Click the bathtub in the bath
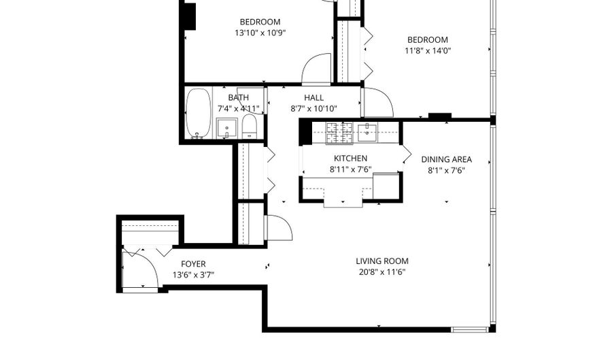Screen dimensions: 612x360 (x=199, y=113)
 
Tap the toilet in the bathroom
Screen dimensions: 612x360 (x=249, y=126)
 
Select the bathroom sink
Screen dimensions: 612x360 (x=226, y=129)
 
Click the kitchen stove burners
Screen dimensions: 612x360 (x=339, y=133)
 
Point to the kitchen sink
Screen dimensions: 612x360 (x=367, y=132)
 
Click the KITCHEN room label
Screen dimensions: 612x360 (x=350, y=158)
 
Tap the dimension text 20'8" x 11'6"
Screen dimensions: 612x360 (x=382, y=272)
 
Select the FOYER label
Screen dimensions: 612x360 (x=193, y=264)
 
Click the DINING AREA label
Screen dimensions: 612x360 (x=447, y=159)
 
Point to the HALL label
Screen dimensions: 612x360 (x=313, y=97)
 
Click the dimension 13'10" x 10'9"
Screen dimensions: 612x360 (x=260, y=33)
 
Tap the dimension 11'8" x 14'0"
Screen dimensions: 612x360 (x=428, y=51)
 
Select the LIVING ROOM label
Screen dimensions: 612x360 (x=382, y=261)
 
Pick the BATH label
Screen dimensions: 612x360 (x=238, y=97)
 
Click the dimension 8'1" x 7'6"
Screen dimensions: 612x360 (x=447, y=170)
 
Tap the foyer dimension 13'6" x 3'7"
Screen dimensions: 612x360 (x=193, y=275)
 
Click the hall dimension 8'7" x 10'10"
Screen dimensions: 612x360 (x=313, y=109)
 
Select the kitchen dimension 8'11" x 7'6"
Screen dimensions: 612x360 (x=350, y=169)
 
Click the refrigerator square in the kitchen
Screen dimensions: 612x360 (x=386, y=186)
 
